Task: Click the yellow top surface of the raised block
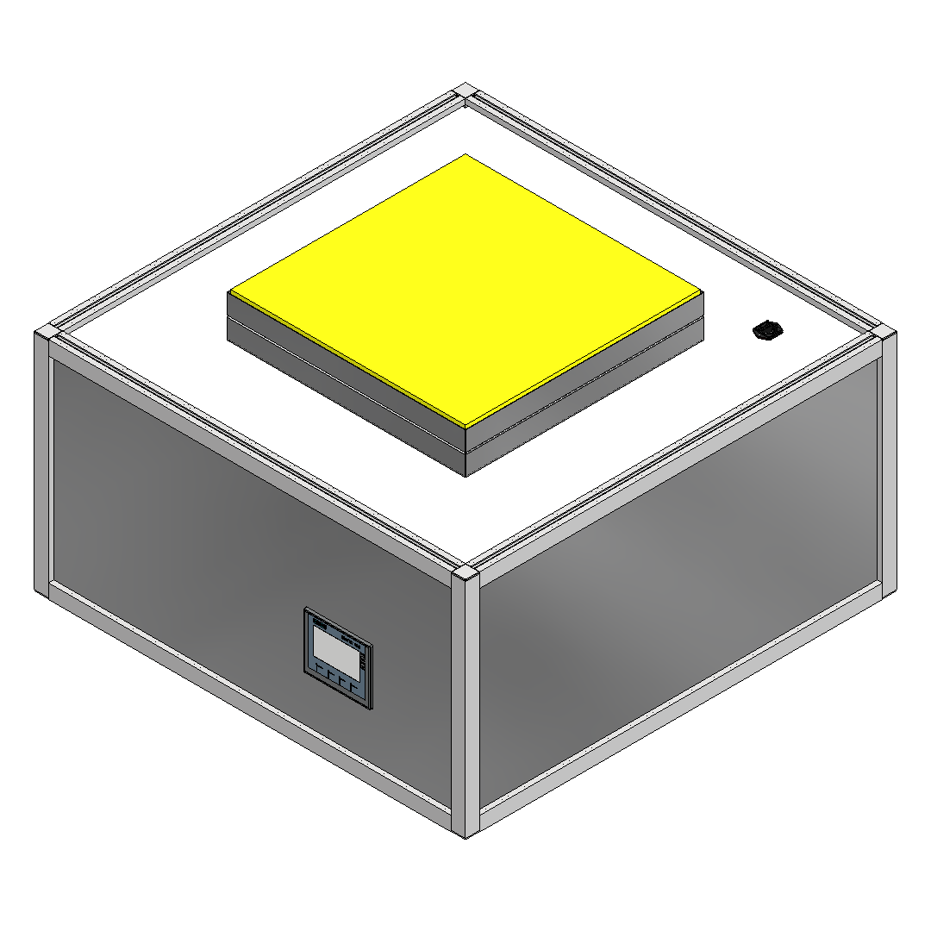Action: pyautogui.click(x=465, y=289)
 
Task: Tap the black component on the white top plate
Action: pyautogui.click(x=766, y=330)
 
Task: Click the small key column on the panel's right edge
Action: pyautogui.click(x=365, y=663)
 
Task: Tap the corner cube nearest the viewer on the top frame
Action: pyautogui.click(x=465, y=575)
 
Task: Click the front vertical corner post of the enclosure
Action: pyautogui.click(x=465, y=707)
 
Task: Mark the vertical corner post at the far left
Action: pyautogui.click(x=41, y=465)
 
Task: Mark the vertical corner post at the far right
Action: pyautogui.click(x=889, y=465)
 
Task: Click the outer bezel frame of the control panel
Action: pyautogui.click(x=307, y=642)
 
